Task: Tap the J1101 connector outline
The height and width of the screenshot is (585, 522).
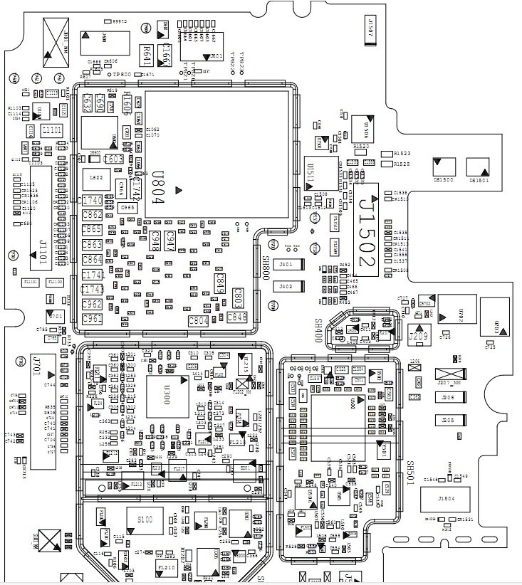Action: (41, 218)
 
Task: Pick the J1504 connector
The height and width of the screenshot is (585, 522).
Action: (447, 499)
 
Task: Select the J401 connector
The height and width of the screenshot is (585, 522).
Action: (287, 265)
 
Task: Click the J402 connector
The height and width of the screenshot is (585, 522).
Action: (287, 286)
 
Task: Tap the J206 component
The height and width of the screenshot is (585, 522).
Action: (448, 399)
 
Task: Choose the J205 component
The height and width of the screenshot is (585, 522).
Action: (448, 421)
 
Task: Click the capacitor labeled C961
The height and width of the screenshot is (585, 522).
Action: (93, 319)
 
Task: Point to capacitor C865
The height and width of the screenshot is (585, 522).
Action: (93, 229)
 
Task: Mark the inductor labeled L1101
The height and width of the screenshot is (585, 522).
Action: (53, 130)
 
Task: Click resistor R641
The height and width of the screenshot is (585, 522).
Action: (145, 52)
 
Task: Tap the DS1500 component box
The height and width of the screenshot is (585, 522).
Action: (444, 167)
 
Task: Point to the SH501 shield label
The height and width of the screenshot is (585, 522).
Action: (411, 473)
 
